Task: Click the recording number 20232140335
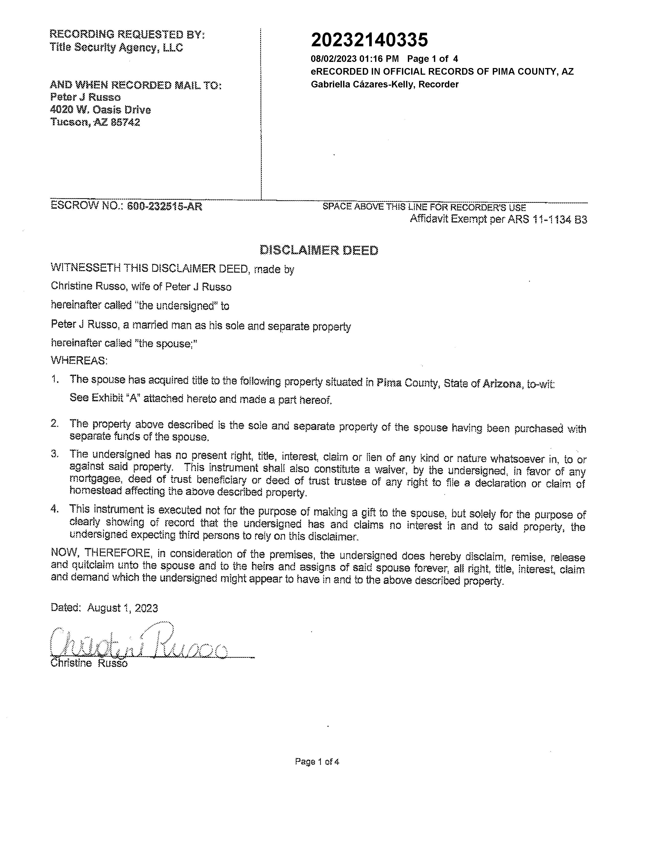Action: pyautogui.click(x=369, y=40)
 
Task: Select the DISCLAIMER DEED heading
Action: pyautogui.click(x=319, y=251)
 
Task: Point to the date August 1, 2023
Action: pyautogui.click(x=122, y=608)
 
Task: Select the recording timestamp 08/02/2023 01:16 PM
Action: pyautogui.click(x=355, y=59)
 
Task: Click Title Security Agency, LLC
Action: pyautogui.click(x=116, y=48)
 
